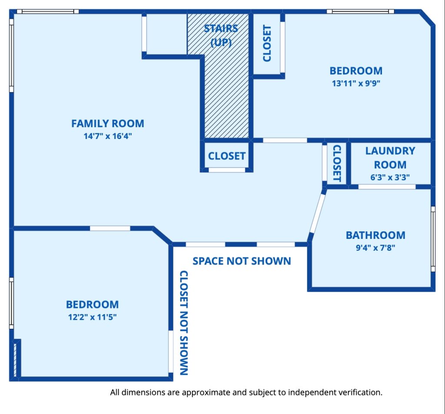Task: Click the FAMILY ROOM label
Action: [108, 123]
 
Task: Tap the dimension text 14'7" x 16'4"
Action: [108, 136]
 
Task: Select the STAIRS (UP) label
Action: [221, 36]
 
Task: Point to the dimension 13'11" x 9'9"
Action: [356, 83]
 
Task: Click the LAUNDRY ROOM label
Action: [390, 158]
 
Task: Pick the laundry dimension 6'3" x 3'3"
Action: [390, 177]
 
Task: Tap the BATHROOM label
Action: [375, 235]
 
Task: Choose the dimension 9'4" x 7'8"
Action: [375, 248]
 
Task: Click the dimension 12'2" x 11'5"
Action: [92, 317]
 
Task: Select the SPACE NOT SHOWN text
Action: [242, 261]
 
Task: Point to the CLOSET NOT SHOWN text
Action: [184, 323]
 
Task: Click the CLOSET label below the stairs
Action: [227, 156]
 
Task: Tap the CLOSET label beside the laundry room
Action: [337, 163]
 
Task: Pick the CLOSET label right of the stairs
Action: [267, 43]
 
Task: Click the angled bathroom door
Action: [318, 214]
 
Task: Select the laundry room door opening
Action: [387, 187]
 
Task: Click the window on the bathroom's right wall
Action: [433, 239]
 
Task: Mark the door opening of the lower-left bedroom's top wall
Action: [110, 228]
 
